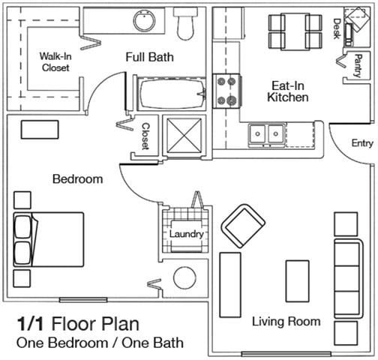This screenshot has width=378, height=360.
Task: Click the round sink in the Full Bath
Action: tap(144, 20)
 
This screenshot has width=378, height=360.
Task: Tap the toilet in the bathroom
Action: tap(185, 23)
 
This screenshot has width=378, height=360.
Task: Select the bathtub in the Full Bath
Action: tap(172, 94)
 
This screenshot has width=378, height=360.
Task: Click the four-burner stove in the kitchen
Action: tap(227, 91)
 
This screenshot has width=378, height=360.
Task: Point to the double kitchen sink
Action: tap(266, 135)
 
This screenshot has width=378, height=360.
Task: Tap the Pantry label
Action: tap(358, 65)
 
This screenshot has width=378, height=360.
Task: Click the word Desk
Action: tap(337, 28)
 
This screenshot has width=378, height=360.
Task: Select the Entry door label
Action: tap(362, 143)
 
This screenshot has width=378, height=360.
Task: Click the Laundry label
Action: tap(187, 234)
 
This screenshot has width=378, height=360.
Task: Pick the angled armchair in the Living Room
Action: tap(243, 226)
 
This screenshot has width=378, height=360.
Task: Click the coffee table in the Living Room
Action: tap(297, 281)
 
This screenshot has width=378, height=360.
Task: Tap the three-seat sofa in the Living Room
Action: tap(349, 279)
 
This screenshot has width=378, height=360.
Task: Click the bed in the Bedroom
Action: tap(48, 239)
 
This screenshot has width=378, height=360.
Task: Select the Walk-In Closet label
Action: tap(55, 61)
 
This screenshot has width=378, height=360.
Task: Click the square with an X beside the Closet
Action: tap(184, 135)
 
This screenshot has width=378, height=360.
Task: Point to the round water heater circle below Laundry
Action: tap(184, 278)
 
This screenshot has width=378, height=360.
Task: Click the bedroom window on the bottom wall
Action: tap(83, 300)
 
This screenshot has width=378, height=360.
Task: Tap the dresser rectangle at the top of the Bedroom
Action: tap(40, 130)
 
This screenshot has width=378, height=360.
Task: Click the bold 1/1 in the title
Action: tap(30, 324)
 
